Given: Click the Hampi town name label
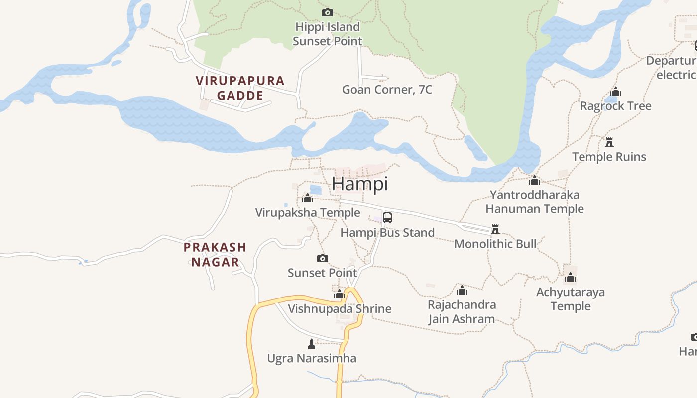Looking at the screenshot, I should coord(359,184).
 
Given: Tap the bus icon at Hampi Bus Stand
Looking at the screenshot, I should coord(387,218).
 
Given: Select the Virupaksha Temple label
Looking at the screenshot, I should coord(308,213).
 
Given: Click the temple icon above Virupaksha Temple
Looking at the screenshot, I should coord(308,199).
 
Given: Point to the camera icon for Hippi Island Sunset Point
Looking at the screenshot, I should coord(327,12).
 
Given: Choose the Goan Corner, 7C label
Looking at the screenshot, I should coord(387,90).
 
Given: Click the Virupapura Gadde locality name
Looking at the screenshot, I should coord(240,88).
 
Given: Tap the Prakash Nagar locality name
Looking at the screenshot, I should coord(215,254).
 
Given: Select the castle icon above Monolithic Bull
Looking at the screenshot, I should coord(495,229).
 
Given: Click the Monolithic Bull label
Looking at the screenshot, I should coord(495,244).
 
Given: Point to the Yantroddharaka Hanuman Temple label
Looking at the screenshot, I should coord(535,201).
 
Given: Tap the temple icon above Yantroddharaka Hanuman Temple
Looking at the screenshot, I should coord(535,180).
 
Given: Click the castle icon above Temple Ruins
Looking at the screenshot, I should coord(609,142).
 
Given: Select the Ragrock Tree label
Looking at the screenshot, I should coord(615,106).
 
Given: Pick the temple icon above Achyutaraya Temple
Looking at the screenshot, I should coord(571,277).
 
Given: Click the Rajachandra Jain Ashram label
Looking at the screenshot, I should coord(462,312).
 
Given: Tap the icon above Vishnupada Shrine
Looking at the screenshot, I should coord(340,294).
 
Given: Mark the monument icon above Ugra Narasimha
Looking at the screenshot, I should coord(312,344).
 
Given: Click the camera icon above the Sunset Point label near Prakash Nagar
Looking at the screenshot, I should coord(323,258).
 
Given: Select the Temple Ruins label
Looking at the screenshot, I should coord(609,157).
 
